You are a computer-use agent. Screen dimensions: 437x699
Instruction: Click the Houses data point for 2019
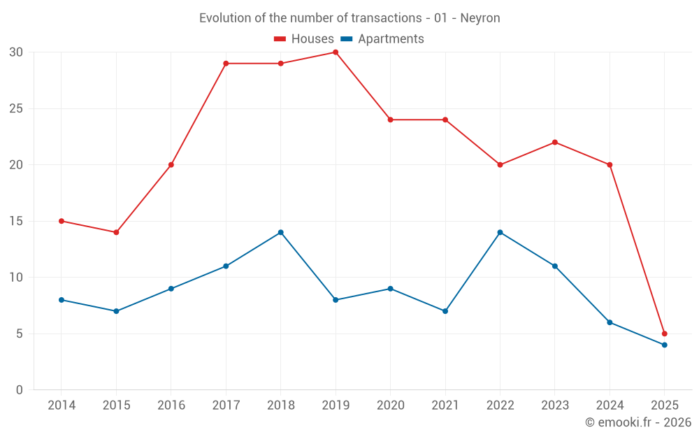pyautogui.click(x=336, y=52)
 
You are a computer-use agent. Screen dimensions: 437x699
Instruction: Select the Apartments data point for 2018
pyautogui.click(x=280, y=232)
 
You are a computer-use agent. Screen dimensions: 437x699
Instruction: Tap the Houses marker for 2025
pyautogui.click(x=664, y=334)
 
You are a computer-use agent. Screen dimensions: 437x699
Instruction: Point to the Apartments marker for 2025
pyautogui.click(x=664, y=345)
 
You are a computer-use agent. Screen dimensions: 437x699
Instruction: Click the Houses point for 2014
pyautogui.click(x=62, y=221)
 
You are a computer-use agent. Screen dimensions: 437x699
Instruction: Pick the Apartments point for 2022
pyautogui.click(x=500, y=232)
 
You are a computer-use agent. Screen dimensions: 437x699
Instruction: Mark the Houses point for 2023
pyautogui.click(x=555, y=143)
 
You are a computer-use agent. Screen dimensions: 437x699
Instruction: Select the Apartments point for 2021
pyautogui.click(x=445, y=311)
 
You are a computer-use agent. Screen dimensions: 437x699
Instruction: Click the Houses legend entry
pyautogui.click(x=304, y=39)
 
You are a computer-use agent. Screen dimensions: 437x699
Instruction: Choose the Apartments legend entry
pyautogui.click(x=382, y=39)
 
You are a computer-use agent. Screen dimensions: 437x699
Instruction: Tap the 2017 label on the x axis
pyautogui.click(x=226, y=406)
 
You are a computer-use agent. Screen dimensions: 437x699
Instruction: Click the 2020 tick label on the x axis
pyautogui.click(x=390, y=406)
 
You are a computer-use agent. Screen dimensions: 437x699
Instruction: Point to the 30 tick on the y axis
pyautogui.click(x=16, y=52)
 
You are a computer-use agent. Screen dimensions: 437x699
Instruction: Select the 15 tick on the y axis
pyautogui.click(x=16, y=221)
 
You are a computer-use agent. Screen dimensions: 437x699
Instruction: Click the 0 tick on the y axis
pyautogui.click(x=20, y=390)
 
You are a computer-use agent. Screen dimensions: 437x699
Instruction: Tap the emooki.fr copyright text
pyautogui.click(x=638, y=422)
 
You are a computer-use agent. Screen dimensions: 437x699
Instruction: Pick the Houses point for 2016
pyautogui.click(x=171, y=165)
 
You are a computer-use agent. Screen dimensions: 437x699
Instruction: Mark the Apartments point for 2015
pyautogui.click(x=116, y=311)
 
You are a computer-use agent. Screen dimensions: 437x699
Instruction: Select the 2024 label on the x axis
pyautogui.click(x=610, y=406)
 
